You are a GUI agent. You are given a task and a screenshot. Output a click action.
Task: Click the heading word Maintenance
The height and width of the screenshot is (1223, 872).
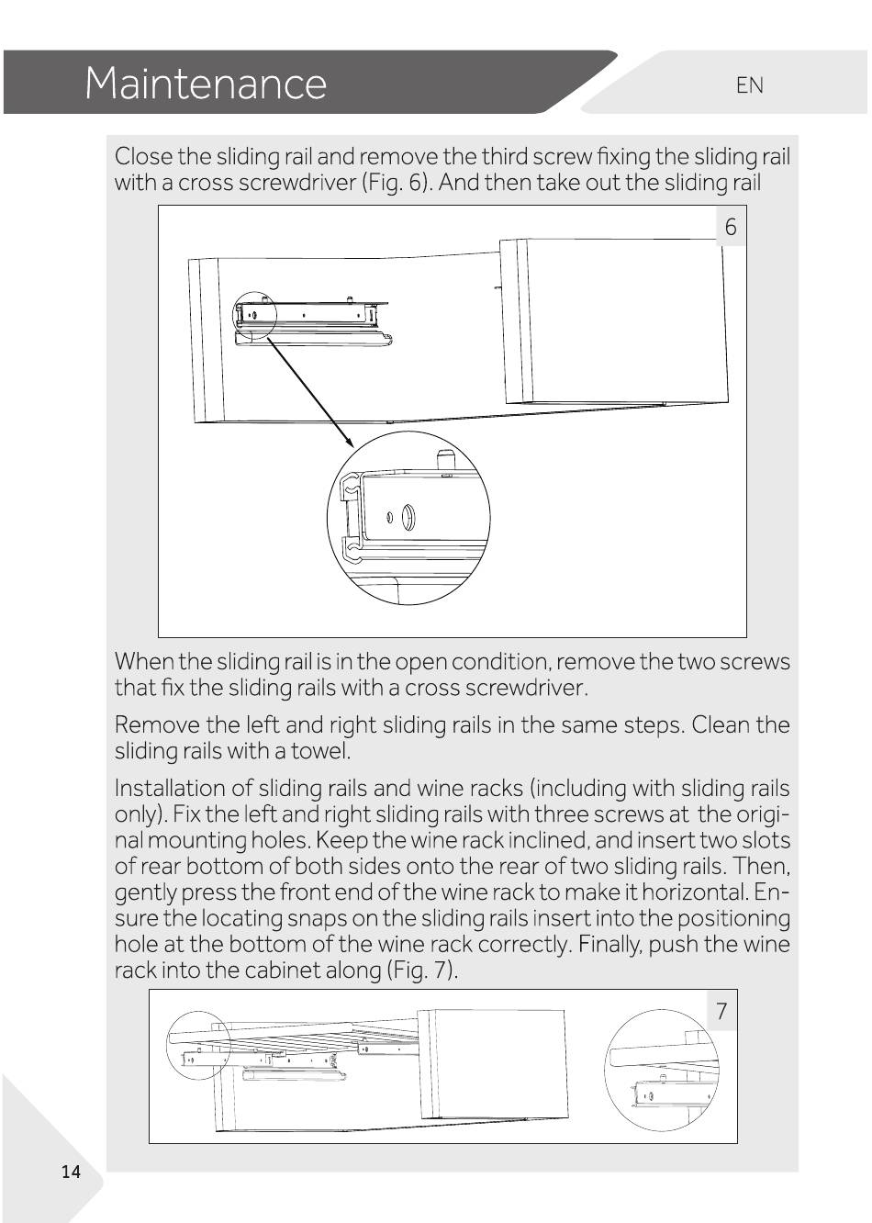[x=206, y=84]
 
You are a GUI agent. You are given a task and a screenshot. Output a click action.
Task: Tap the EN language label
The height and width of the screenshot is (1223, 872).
[x=749, y=85]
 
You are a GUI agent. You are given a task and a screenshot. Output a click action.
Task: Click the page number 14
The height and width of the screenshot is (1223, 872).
[x=71, y=1172]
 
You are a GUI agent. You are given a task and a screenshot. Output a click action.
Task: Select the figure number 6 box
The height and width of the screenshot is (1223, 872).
[x=731, y=227]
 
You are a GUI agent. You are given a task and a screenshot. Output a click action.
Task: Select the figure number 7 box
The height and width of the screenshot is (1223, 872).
[x=721, y=1012]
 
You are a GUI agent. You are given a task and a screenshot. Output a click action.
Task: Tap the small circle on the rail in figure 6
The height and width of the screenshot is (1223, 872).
[x=254, y=314]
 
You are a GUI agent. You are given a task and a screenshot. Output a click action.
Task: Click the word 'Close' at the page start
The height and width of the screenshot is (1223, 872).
[x=142, y=156]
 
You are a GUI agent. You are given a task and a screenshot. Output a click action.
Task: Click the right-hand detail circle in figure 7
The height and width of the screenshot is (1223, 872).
[x=662, y=1071]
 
